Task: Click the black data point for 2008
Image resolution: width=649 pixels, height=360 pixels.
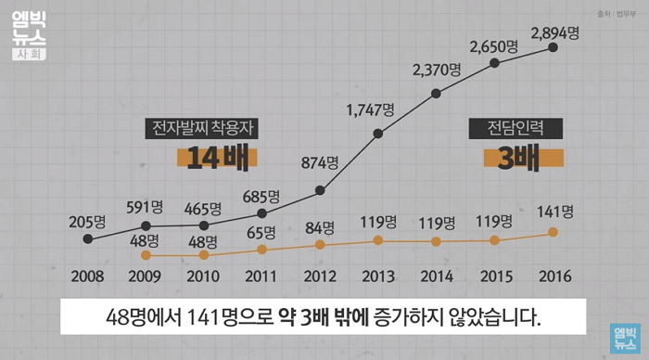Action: pyautogui.click(x=87, y=238)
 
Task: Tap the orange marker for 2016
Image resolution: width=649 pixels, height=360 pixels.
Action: pyautogui.click(x=554, y=232)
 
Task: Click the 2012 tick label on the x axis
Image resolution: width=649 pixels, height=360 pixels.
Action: pyautogui.click(x=320, y=277)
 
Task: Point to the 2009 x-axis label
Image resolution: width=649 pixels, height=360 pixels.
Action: pyautogui.click(x=145, y=277)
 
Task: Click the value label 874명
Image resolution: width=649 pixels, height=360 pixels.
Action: pyautogui.click(x=320, y=162)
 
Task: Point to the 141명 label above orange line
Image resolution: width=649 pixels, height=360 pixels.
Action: pyautogui.click(x=555, y=211)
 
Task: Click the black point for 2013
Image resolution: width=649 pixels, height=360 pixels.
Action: pyautogui.click(x=378, y=134)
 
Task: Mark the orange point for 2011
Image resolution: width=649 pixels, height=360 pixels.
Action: pyautogui.click(x=261, y=249)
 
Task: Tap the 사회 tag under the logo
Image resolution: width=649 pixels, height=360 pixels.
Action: pyautogui.click(x=27, y=54)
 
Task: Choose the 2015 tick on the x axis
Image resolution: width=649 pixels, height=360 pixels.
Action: pyautogui.click(x=494, y=277)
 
